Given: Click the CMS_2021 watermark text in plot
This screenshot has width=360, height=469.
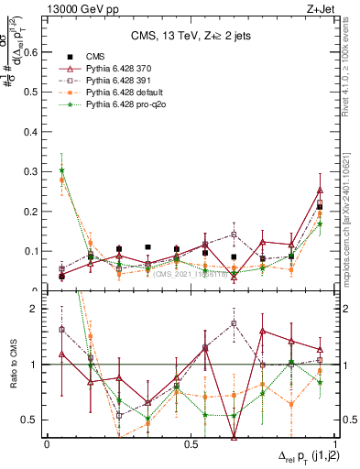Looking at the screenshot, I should (193, 274).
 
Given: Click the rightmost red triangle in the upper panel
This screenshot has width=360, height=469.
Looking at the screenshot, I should (320, 190).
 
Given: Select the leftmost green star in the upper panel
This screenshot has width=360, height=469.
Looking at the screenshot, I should (62, 170).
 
